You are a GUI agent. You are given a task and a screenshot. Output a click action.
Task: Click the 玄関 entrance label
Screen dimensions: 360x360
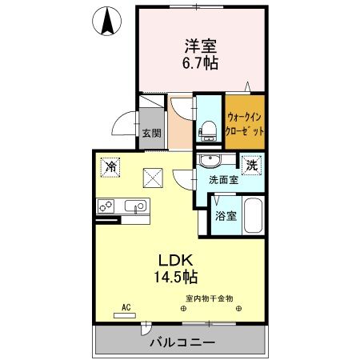point(152,133)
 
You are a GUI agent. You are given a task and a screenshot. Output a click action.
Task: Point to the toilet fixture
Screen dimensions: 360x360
point(208,129)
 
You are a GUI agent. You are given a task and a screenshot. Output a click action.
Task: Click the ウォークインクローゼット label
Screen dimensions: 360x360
point(244,122)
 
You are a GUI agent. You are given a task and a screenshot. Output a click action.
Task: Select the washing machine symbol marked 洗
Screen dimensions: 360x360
point(251,165)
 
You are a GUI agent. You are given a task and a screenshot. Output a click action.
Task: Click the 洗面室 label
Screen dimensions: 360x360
point(223,180)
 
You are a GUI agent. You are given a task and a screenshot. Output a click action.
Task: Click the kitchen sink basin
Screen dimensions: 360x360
point(138,206)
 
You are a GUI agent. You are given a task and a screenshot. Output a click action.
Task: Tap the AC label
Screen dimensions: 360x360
point(126,306)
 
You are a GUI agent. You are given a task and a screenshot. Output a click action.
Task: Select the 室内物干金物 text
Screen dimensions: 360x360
point(209,298)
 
